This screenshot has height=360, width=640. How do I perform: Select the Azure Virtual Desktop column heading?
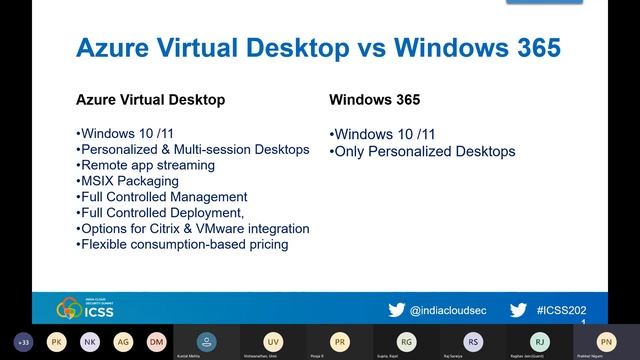[x=150, y=100]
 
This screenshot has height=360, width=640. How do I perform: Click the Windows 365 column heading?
[x=375, y=100]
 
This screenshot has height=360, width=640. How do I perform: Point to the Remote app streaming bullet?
[x=145, y=165]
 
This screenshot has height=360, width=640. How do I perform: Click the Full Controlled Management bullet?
[x=161, y=197]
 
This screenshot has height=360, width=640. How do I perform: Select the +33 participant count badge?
[x=24, y=341]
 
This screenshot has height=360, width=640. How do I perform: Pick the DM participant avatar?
[x=156, y=341]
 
